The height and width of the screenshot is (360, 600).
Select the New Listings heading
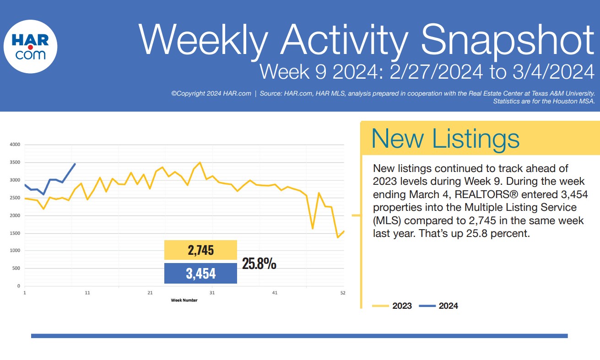click(x=445, y=138)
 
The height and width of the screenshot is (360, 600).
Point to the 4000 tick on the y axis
click(x=15, y=145)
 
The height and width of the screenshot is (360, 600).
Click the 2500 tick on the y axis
click(x=15, y=198)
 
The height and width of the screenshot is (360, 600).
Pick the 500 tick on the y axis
click(x=16, y=269)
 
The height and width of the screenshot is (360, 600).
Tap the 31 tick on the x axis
click(x=212, y=293)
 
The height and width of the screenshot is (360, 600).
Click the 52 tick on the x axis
click(x=343, y=293)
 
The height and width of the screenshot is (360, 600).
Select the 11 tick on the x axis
click(x=87, y=293)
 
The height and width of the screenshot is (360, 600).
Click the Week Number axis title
click(x=184, y=300)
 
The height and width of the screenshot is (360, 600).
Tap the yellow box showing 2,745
click(x=200, y=250)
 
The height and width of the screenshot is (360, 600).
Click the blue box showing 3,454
click(x=200, y=274)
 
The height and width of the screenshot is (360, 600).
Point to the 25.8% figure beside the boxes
click(x=259, y=264)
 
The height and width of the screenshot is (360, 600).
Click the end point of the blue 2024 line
click(x=75, y=163)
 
